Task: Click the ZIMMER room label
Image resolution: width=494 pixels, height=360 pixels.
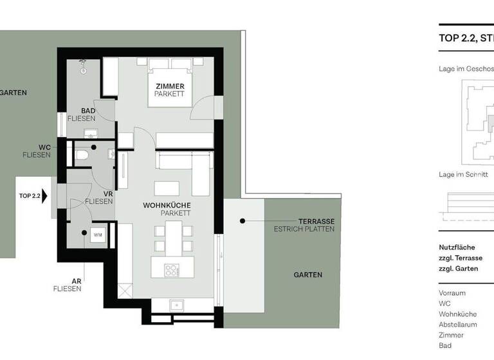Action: coord(170,86)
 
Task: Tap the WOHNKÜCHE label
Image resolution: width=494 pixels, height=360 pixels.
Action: coord(167,204)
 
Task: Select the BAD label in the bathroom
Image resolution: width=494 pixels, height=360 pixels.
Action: coord(88,111)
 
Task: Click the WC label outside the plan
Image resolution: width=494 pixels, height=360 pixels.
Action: coord(43,147)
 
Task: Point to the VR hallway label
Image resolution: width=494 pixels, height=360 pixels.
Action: coord(108,193)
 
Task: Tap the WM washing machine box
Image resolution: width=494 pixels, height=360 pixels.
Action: coord(98,235)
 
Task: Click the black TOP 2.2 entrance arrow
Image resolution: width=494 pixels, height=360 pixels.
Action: coord(45,196)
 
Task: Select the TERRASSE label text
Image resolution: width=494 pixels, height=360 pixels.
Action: coord(316,221)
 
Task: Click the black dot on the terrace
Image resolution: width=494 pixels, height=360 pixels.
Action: coord(243,221)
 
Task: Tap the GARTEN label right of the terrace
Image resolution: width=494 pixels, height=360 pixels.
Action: coord(308,274)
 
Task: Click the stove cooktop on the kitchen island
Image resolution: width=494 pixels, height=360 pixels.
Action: coord(172,269)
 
